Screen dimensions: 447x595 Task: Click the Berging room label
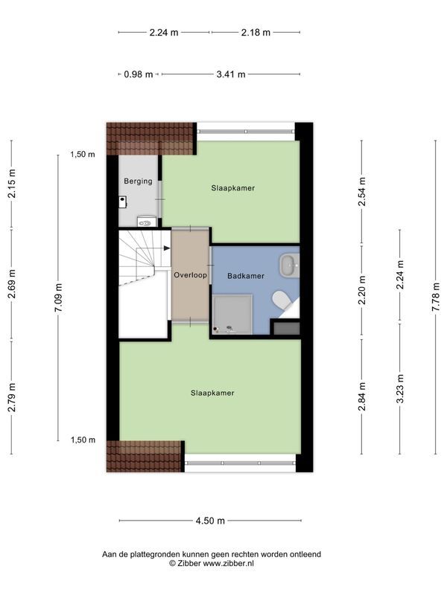(x=138, y=181)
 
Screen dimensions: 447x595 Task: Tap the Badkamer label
(x=246, y=276)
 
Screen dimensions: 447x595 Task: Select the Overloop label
(x=190, y=275)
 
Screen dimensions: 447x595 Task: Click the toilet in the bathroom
(x=282, y=300)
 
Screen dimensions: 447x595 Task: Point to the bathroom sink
(x=289, y=265)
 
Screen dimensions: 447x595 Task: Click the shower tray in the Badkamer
(x=232, y=315)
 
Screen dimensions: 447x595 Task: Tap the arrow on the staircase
(x=166, y=248)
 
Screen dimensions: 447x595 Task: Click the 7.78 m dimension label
(x=436, y=297)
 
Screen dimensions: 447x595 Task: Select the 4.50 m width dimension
(x=210, y=521)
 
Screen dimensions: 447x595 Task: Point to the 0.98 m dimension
(x=139, y=74)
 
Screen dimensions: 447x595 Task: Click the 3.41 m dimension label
(x=231, y=74)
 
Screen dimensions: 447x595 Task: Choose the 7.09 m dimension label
(x=58, y=298)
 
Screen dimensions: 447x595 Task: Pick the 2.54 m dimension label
(x=362, y=192)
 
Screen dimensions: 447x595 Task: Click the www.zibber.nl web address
(x=228, y=564)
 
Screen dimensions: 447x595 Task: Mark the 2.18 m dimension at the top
(x=256, y=33)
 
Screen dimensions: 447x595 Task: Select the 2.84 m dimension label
(x=362, y=396)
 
